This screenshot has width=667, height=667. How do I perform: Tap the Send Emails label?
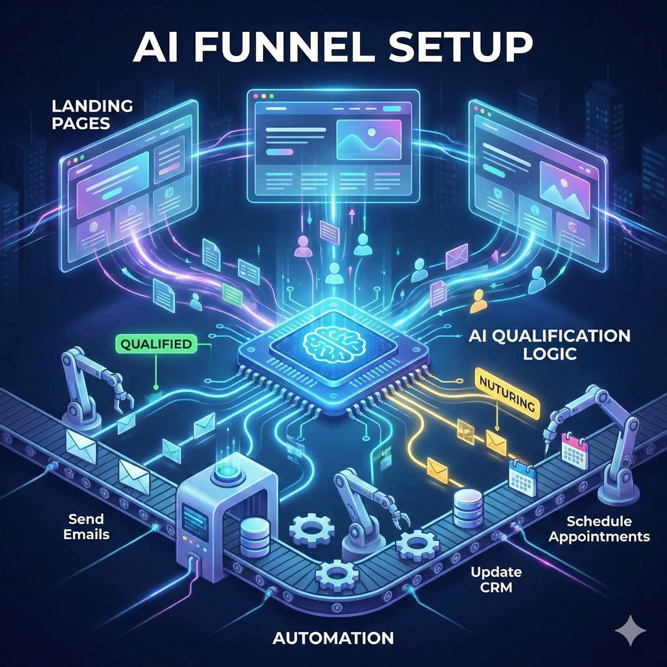pyautogui.click(x=86, y=527)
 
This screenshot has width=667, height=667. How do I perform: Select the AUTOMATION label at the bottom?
pyautogui.click(x=333, y=638)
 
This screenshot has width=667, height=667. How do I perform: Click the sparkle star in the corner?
pyautogui.click(x=631, y=631)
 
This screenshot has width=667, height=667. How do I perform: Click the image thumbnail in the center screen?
pyautogui.click(x=368, y=139)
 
